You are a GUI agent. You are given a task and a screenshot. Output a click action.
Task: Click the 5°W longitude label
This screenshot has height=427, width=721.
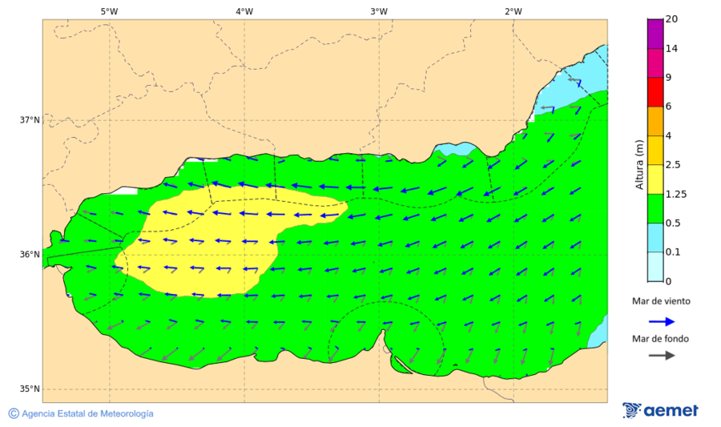(109, 11)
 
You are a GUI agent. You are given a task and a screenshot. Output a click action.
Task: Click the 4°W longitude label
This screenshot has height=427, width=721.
(244, 11)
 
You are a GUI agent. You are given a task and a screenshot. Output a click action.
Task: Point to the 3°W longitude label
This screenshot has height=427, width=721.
(379, 11)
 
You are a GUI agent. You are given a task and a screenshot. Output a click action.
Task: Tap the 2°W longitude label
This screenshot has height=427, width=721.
(514, 11)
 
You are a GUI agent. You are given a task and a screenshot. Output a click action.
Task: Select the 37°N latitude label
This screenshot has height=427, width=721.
(30, 120)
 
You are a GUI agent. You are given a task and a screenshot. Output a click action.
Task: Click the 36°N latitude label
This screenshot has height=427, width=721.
(30, 255)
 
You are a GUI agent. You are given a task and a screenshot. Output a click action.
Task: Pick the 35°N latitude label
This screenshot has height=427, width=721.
(30, 389)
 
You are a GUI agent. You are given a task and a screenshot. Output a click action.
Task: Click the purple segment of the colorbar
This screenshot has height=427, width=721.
(655, 34)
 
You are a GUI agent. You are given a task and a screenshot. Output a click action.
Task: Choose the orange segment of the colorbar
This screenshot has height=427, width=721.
(655, 121)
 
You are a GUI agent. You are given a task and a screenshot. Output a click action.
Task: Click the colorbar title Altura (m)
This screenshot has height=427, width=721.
(639, 165)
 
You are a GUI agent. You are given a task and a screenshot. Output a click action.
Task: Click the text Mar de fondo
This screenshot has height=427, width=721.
(661, 339)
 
